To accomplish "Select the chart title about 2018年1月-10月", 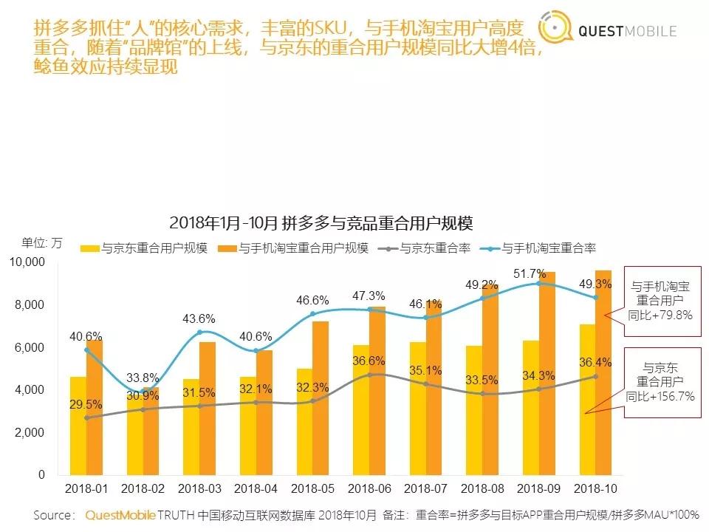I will pyautogui.click(x=321, y=222).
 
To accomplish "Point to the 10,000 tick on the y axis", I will pyautogui.click(x=27, y=262).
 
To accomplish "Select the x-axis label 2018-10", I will pyautogui.click(x=595, y=489).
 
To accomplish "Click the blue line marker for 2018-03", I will pyautogui.click(x=200, y=332).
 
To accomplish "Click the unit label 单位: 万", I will pyautogui.click(x=42, y=242).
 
